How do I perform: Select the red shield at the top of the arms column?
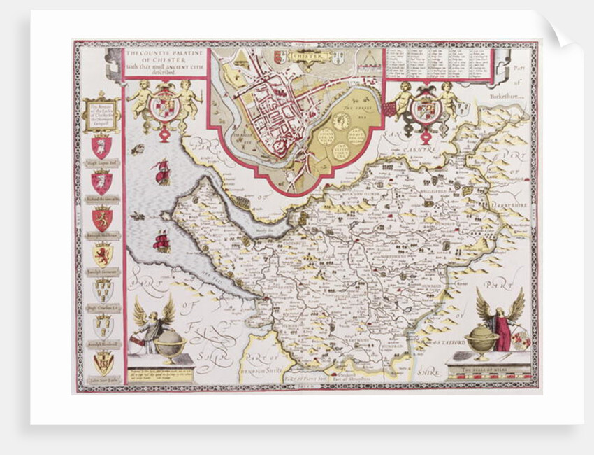pos(101,146)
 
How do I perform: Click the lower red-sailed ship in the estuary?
pos(162,241)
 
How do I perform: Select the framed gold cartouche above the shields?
pos(101,112)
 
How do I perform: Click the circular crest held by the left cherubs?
pos(165,106)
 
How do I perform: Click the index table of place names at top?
pos(436,64)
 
